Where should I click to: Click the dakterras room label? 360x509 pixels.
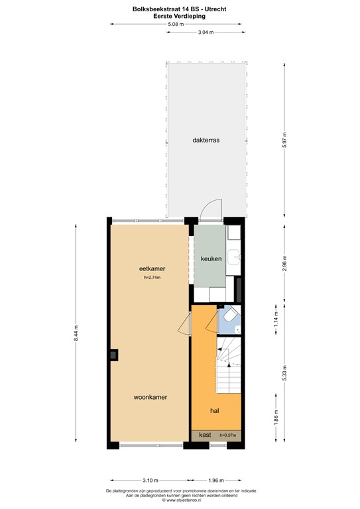[206, 141]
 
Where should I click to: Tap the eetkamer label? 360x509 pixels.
[152, 268]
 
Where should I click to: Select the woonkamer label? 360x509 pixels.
[150, 397]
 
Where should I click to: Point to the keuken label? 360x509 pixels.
[210, 259]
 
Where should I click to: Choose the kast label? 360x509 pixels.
[205, 435]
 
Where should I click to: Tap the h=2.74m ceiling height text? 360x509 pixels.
[152, 278]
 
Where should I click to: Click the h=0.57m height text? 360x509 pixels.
[228, 435]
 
